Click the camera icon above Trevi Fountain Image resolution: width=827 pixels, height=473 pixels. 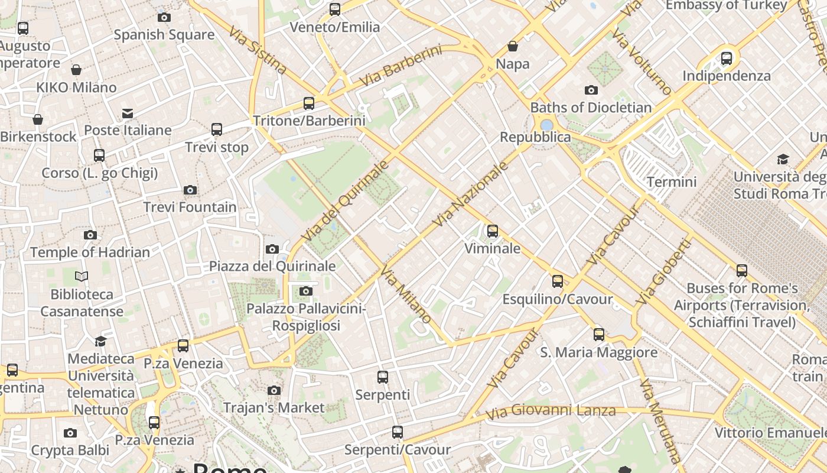(190, 190)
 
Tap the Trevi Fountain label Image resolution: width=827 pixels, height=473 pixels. (190, 208)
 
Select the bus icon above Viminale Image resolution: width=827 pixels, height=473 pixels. (492, 231)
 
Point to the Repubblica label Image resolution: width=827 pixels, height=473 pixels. (535, 137)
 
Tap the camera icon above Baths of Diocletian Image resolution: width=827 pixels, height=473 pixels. (591, 90)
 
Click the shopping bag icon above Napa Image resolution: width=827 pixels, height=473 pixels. (513, 46)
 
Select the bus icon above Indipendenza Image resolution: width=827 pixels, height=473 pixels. (727, 59)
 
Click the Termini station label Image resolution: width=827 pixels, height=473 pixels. (672, 182)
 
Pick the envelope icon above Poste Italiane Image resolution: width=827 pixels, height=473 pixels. (128, 113)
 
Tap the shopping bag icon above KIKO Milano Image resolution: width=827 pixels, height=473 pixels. (76, 70)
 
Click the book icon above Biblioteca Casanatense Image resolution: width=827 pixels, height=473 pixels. (82, 276)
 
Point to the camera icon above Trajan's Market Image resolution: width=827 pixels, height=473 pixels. (274, 390)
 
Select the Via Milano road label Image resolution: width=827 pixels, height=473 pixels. (406, 294)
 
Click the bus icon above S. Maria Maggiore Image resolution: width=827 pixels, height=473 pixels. (599, 335)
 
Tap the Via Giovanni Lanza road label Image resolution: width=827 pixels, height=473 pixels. (551, 410)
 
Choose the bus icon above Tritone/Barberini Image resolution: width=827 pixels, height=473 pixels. (308, 103)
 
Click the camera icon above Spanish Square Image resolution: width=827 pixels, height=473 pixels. (164, 17)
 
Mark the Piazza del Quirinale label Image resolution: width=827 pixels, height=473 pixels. (272, 266)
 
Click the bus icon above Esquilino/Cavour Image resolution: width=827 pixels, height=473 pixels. (557, 281)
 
